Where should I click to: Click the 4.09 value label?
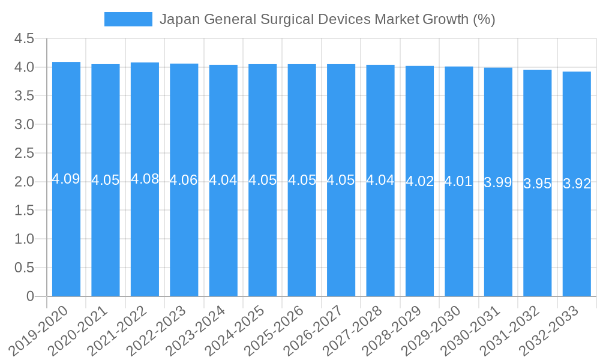pos(66,179)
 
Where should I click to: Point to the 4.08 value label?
pos(145,179)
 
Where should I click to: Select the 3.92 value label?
pos(577,184)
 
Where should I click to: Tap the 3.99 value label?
pos(498,183)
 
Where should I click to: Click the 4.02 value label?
pos(419,181)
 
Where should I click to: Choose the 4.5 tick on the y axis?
pos(24,39)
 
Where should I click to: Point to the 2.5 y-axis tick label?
pos(24,153)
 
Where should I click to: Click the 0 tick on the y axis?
pos(31,296)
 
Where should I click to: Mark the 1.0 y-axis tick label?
pos(24,239)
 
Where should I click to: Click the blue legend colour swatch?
pos(128,19)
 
